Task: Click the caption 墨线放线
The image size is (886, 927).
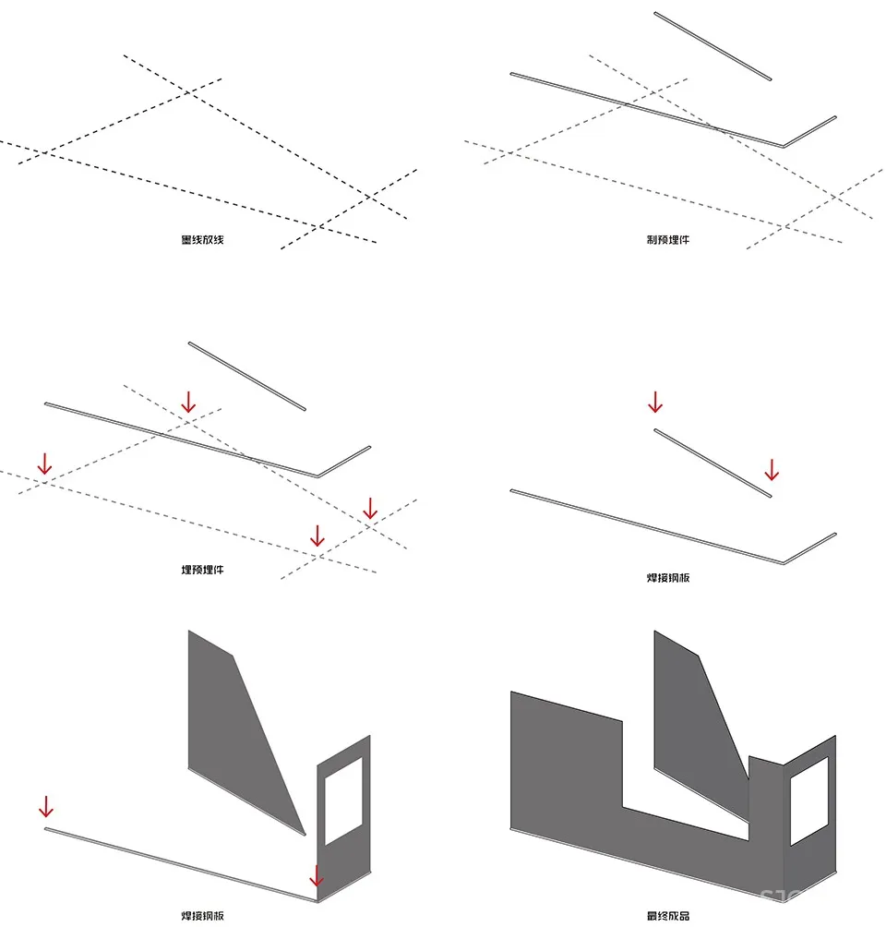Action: click(203, 240)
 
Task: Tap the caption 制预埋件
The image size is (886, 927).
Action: click(668, 240)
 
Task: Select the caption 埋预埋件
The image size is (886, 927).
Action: click(203, 570)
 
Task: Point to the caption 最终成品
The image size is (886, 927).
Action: click(668, 916)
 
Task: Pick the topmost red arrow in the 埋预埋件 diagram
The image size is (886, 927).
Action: click(188, 402)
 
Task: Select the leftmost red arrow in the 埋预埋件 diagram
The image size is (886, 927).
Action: click(44, 463)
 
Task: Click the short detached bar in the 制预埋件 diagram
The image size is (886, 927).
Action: click(712, 45)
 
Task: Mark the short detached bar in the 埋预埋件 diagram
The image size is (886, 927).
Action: click(246, 376)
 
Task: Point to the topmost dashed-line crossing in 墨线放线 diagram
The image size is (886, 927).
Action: click(188, 91)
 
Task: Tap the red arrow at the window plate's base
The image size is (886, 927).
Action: click(317, 876)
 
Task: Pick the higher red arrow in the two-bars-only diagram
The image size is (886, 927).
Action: click(655, 403)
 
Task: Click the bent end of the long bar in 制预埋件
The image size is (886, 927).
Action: click(810, 130)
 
